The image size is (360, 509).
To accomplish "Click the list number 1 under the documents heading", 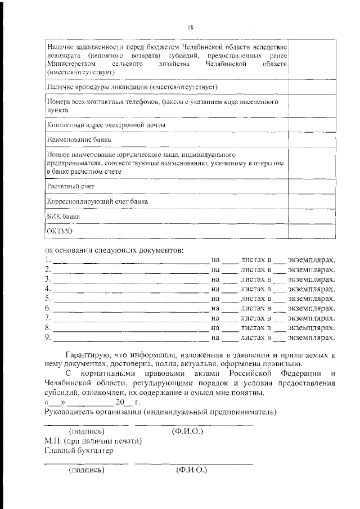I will click(x=47, y=260).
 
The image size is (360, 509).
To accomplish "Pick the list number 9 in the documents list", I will click(x=47, y=338).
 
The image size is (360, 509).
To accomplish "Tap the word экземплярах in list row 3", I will click(x=312, y=280).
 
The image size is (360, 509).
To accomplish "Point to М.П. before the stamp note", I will click(x=52, y=441).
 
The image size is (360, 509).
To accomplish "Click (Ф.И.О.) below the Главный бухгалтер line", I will click(x=191, y=469).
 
